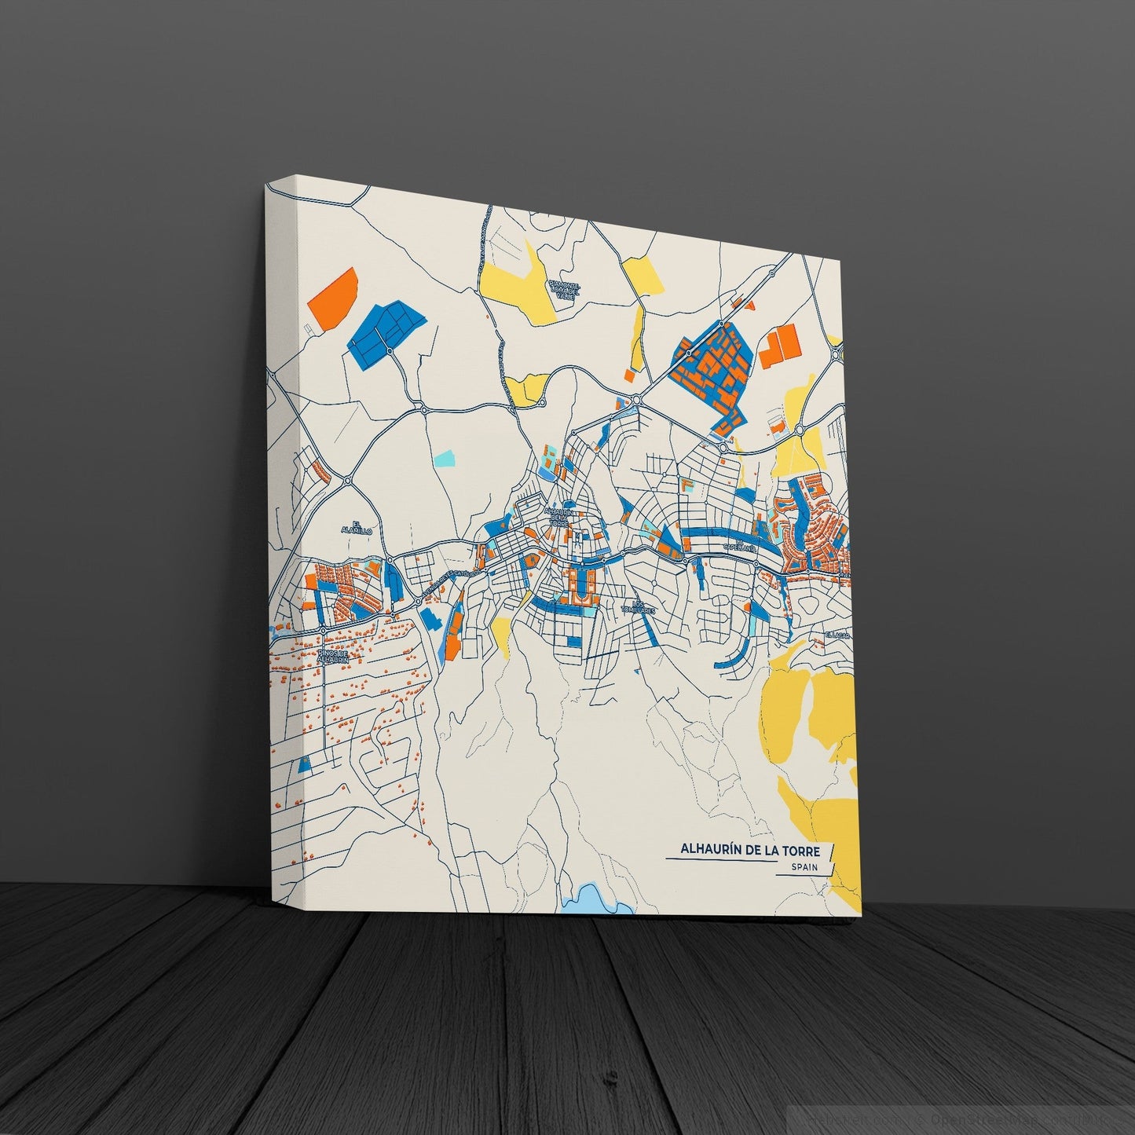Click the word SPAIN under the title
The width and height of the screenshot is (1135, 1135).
tap(801, 867)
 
